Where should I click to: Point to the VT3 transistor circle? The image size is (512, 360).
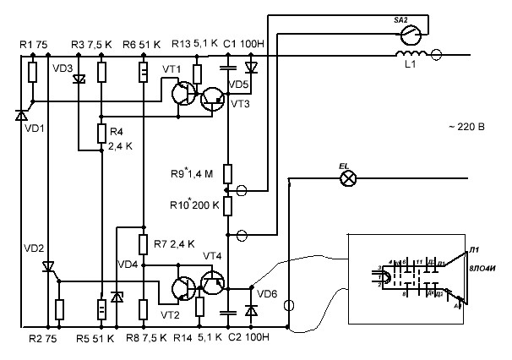point(214,100)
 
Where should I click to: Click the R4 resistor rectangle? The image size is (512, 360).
point(101,134)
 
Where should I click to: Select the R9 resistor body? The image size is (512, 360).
point(227,174)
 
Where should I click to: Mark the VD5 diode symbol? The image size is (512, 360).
point(250,66)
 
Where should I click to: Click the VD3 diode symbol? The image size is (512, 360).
point(79,80)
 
